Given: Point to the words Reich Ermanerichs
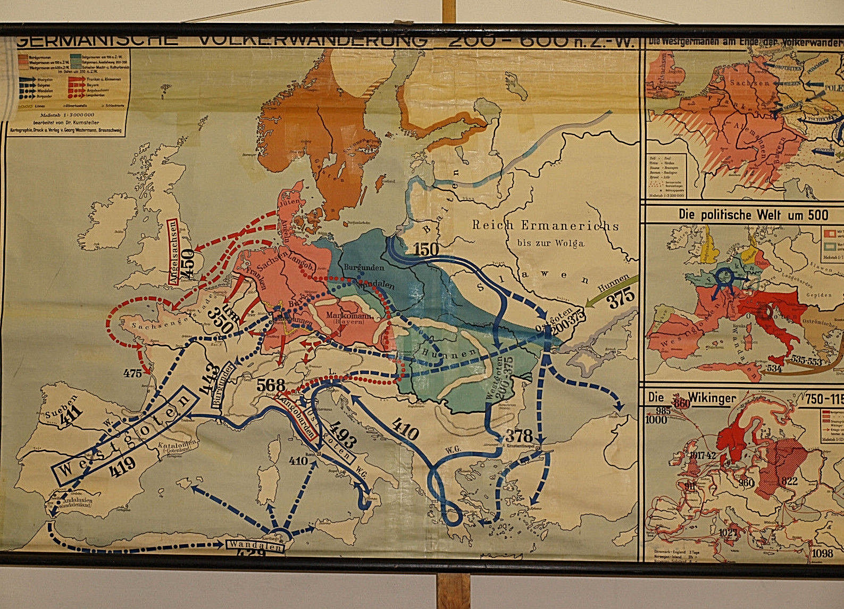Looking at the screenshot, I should click(546, 226).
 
